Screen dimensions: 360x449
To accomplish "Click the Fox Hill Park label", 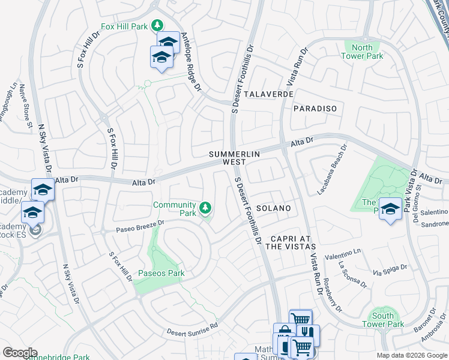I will pos(124,26).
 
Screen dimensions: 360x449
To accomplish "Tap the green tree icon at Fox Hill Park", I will pos(157,25).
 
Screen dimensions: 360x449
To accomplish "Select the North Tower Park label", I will pos(362,52).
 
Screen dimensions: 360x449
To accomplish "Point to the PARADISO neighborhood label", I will pos(315,109).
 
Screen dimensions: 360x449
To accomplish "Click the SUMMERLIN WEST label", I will pos(234,158).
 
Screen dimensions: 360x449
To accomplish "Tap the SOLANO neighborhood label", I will pos(274,208).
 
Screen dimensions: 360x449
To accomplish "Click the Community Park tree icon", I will pos(206,208).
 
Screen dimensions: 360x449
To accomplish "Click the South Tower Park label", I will pos(383,320).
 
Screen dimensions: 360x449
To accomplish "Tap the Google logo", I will pos(20,353).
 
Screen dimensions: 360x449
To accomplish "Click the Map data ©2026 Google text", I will pos(412,355).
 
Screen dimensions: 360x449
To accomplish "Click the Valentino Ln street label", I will pos(344,256).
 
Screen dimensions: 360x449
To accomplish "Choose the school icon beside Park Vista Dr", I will pos(390,209).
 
